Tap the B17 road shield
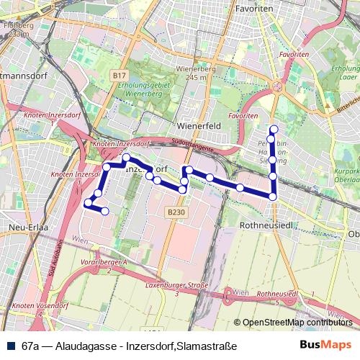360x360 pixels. tap(120, 74)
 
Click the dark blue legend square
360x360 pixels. tap(10, 346)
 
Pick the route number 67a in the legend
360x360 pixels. tap(30, 346)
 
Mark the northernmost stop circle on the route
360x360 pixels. tap(273, 130)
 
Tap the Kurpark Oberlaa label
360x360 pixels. tap(348, 177)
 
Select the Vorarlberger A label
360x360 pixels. tap(104, 265)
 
